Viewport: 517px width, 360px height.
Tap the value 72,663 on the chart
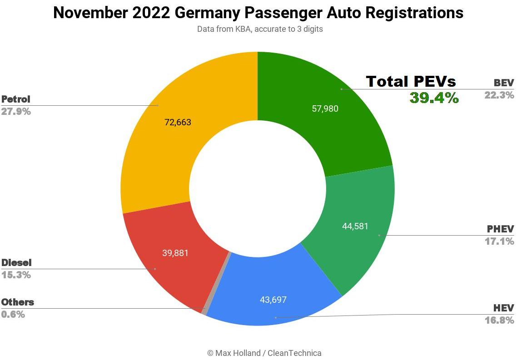[178, 122]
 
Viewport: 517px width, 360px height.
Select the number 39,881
[175, 253]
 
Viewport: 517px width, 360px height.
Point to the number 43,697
[273, 300]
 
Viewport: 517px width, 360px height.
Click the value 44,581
[355, 226]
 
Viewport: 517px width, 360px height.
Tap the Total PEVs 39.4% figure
[434, 98]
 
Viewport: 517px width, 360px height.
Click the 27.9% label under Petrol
[16, 111]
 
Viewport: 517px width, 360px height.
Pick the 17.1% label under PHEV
[499, 241]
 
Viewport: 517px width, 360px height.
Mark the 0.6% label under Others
[13, 314]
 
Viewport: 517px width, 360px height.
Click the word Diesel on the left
[16, 263]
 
